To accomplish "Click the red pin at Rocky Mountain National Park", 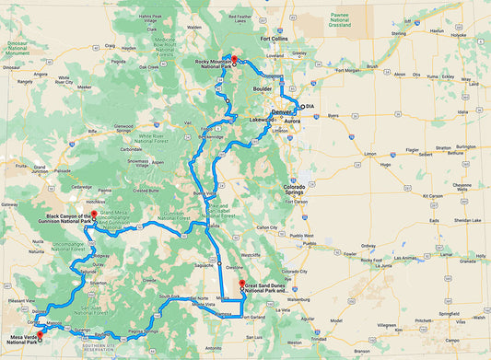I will click(x=235, y=60).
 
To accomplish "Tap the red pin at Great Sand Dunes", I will click(x=241, y=284).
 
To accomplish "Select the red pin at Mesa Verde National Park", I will click(x=40, y=343).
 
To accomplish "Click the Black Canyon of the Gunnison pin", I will click(x=94, y=215).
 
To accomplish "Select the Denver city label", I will click(x=281, y=112).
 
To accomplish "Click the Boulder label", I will click(x=263, y=88).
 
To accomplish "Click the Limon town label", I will click(x=370, y=154).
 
